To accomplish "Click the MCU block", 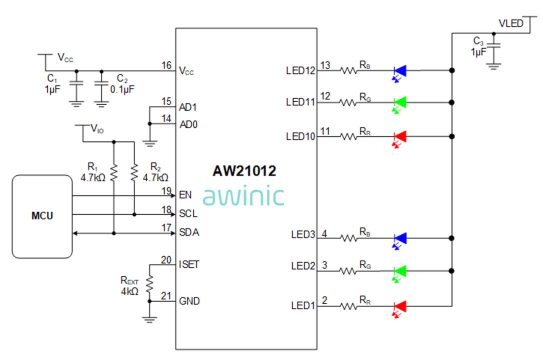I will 42,216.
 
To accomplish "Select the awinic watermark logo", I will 243,196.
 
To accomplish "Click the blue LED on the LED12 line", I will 400,71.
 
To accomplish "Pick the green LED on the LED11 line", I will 400,102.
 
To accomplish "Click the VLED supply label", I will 511,23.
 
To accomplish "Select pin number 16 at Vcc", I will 166,65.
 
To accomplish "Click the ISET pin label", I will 188,263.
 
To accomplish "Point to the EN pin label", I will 184,194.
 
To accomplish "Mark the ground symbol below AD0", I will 149,143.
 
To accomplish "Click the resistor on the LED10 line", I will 349,136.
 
